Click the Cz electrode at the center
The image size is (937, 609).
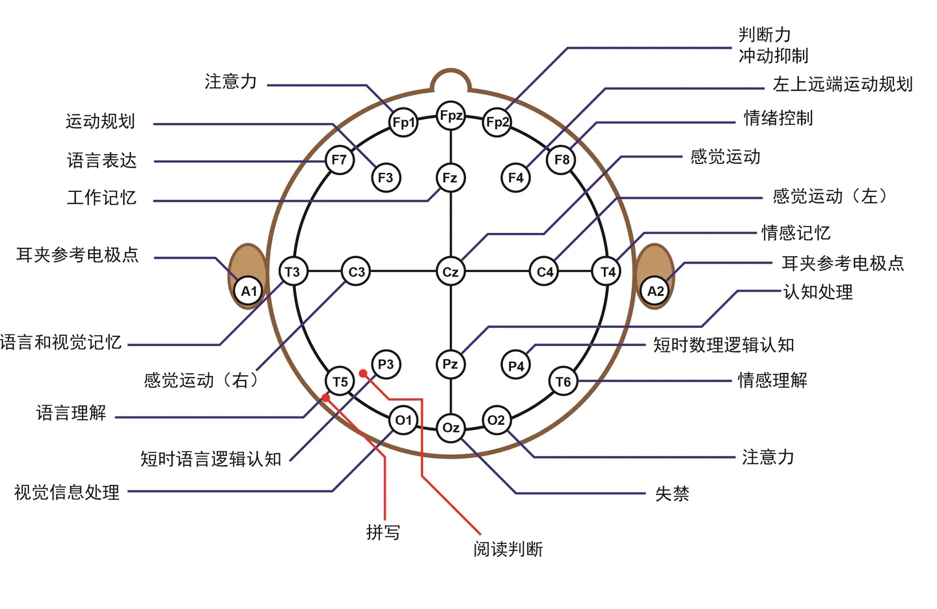pyautogui.click(x=450, y=271)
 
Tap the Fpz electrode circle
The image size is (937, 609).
pyautogui.click(x=451, y=116)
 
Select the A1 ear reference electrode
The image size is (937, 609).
pyautogui.click(x=249, y=291)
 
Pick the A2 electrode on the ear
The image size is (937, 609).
pyautogui.click(x=655, y=291)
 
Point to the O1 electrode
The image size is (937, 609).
pyautogui.click(x=403, y=420)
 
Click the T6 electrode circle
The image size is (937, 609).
pyautogui.click(x=563, y=381)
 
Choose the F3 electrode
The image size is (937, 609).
pyautogui.click(x=385, y=178)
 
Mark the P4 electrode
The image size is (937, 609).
pyautogui.click(x=516, y=366)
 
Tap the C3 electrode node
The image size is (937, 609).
pyautogui.click(x=357, y=271)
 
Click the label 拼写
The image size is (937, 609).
pyautogui.click(x=383, y=532)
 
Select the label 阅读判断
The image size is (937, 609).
pyautogui.click(x=508, y=549)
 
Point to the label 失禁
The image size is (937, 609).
pyautogui.click(x=672, y=493)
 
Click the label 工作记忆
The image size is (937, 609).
pyautogui.click(x=102, y=197)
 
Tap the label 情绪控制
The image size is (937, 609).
pyautogui.click(x=778, y=118)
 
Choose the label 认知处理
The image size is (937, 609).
pyautogui.click(x=818, y=291)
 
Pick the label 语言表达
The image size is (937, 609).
pyautogui.click(x=102, y=160)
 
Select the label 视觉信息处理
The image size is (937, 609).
pyautogui.click(x=67, y=492)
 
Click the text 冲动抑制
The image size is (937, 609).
pyautogui.click(x=773, y=55)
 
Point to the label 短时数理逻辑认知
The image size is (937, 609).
pyautogui.click(x=724, y=344)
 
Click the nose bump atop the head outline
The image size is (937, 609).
pyautogui.click(x=450, y=81)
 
